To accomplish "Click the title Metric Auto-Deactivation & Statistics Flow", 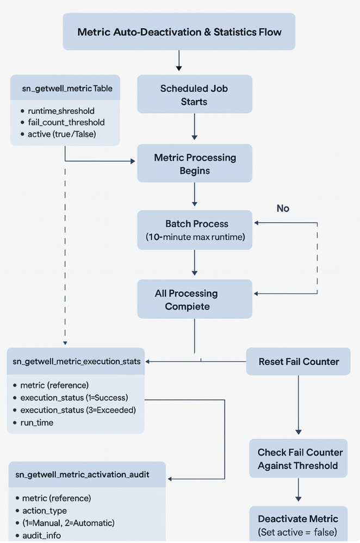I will click(179, 32).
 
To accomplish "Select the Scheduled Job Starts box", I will click(195, 95).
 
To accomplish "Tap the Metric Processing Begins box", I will click(195, 164).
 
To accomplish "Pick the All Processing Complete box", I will click(195, 299).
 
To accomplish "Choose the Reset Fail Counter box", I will click(299, 361).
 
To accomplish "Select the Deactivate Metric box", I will click(298, 525).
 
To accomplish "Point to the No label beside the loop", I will click(283, 209).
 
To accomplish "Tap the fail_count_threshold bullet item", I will click(66, 122).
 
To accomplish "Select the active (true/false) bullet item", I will click(61, 134).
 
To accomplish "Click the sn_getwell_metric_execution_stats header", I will click(76, 361).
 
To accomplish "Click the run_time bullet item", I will click(37, 422).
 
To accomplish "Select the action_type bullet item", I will click(45, 510).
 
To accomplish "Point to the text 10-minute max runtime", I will click(195, 237).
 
